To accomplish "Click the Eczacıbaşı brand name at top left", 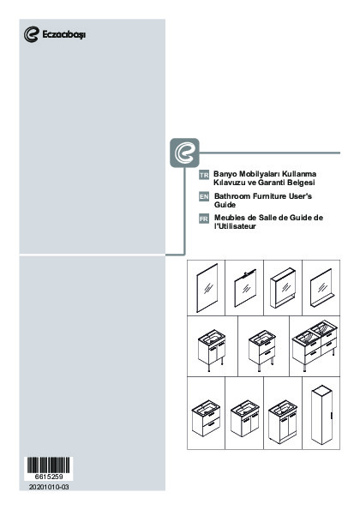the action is [64, 34].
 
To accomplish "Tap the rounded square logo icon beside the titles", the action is [184, 153].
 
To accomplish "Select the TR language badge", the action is [204, 175].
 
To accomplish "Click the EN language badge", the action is [204, 196].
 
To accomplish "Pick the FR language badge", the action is [204, 219].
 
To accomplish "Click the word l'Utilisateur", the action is [235, 226].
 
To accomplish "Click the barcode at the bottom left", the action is [48, 465].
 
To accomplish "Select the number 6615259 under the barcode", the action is [49, 477].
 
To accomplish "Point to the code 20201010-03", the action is [49, 487].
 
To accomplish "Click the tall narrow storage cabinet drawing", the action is [321, 414].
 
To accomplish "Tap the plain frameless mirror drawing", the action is [207, 288].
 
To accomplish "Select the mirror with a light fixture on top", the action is [245, 288].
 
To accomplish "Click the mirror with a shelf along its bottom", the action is [321, 288].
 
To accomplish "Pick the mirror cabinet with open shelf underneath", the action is [283, 288].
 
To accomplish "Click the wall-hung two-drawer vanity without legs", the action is [206, 418].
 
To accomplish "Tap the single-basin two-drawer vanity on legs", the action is [262, 351].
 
